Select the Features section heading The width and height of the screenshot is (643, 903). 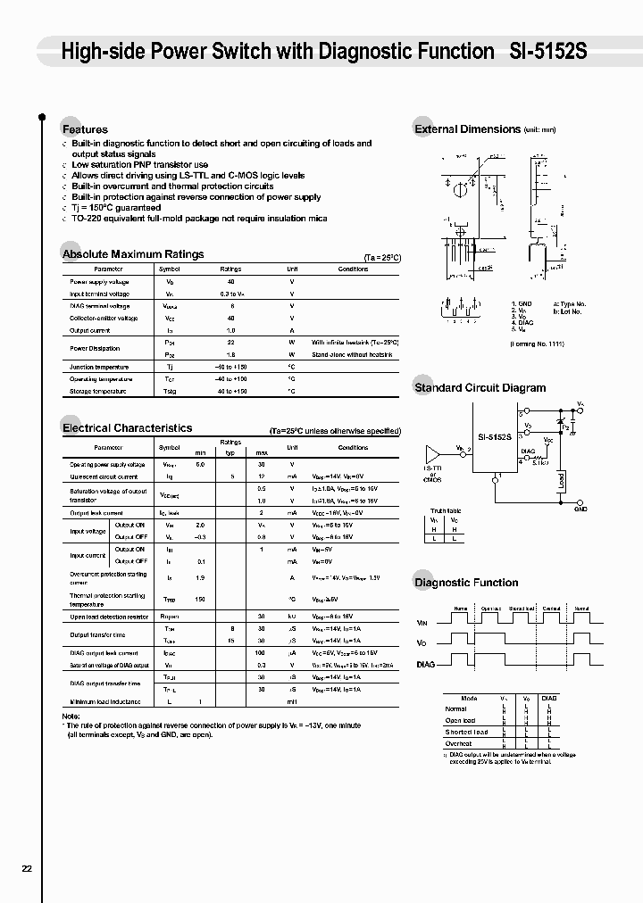point(85,130)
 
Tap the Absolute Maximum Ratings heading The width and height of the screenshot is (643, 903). point(133,254)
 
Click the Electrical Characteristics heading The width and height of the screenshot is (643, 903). point(127,428)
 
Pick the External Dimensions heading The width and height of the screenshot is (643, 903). point(467,129)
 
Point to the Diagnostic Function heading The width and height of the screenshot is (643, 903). point(465,583)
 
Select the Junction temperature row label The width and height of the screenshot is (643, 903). point(98,367)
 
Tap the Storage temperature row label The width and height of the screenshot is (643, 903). point(98,391)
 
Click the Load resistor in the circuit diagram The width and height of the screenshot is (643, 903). point(561,482)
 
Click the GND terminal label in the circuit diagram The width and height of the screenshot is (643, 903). point(580,509)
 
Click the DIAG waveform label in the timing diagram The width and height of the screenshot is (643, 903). point(426,664)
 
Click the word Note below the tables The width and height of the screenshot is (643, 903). point(71,717)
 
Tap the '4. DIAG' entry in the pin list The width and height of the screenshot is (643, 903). point(522,323)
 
